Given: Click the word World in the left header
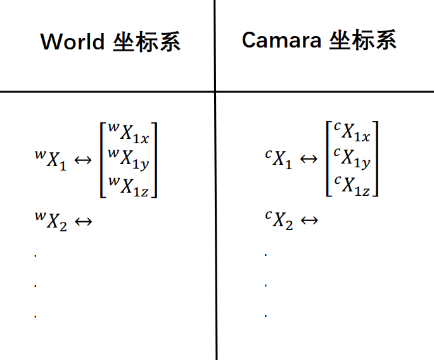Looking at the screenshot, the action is (72, 42).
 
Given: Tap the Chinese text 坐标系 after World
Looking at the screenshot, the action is (147, 42).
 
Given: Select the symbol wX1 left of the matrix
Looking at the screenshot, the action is (51, 159).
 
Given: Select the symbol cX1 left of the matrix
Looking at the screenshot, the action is (279, 159).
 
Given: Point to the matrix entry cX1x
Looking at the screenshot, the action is (353, 133).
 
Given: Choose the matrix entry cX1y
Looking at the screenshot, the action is (353, 159).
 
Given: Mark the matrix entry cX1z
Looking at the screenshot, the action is (353, 186).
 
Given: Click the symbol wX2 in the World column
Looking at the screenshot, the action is (51, 221).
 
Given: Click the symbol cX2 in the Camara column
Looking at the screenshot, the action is (279, 221).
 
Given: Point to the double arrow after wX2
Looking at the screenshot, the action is (84, 222).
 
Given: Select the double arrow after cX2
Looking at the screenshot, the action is (309, 222).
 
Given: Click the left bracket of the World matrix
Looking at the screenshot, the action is (102, 159).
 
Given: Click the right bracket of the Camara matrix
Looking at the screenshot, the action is (376, 159).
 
